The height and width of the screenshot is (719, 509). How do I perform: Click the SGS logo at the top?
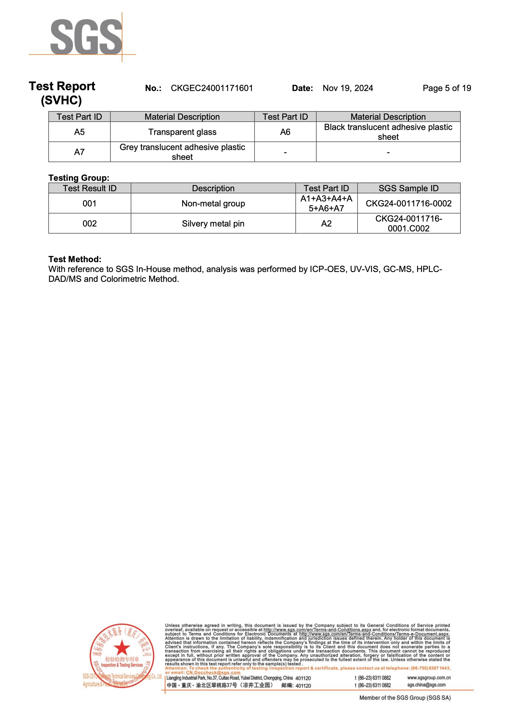86,37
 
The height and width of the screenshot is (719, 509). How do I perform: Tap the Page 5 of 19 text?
447,88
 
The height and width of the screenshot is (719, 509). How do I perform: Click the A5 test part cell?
79,132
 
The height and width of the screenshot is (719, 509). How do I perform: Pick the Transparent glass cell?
182,132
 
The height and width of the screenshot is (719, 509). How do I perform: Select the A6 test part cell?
285,132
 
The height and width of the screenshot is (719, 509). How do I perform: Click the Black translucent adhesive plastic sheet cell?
388,132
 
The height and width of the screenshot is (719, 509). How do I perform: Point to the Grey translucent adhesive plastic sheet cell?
182,152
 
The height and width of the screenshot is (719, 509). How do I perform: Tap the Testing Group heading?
79,178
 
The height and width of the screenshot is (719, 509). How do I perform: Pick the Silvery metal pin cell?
213,224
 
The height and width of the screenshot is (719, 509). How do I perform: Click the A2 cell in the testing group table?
326,224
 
